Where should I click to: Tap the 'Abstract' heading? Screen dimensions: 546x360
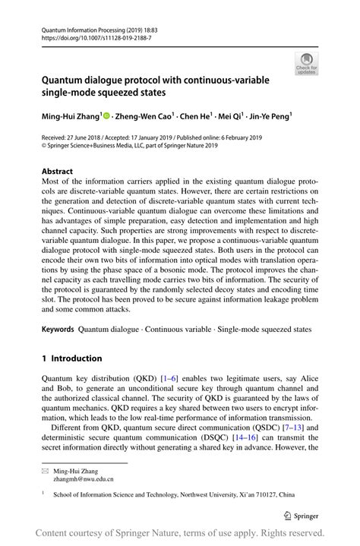pos(57,172)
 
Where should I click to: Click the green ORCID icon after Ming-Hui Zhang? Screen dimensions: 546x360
pos(106,117)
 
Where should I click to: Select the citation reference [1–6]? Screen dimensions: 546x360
pos(168,379)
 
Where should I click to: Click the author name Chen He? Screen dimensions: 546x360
pos(201,117)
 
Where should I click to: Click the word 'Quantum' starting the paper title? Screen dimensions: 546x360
pos(65,80)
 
